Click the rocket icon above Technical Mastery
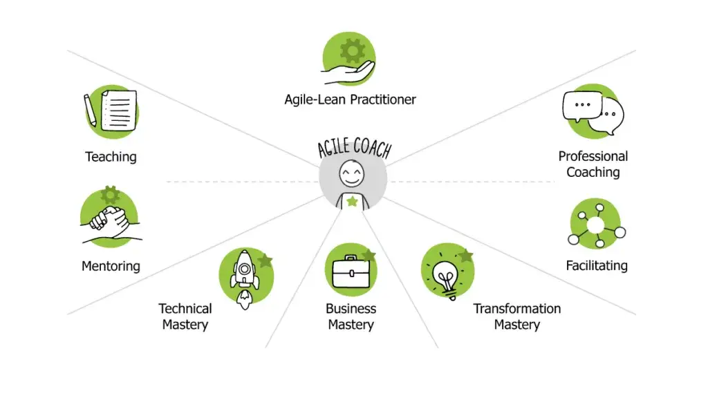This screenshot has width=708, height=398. point(245,279)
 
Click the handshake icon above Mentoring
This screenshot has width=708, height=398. point(110,222)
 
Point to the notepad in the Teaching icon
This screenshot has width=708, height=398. point(119,111)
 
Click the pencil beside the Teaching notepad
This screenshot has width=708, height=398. point(90,110)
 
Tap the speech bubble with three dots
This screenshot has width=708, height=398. point(582,106)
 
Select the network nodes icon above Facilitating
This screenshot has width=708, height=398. point(597,225)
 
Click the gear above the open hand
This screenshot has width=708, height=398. point(353,50)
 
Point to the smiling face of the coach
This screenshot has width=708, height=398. point(352,173)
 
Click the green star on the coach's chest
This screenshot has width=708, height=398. point(352,201)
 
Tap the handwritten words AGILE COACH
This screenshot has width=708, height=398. point(355,147)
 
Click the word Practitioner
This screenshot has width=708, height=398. point(383,99)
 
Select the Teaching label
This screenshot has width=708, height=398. point(111,157)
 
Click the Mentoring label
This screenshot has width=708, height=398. point(111,266)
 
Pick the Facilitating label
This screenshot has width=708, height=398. point(597,265)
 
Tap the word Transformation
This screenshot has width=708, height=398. point(517,309)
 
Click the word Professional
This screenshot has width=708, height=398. point(593,156)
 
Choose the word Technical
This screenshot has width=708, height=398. point(185,309)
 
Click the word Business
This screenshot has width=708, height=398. point(351,309)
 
